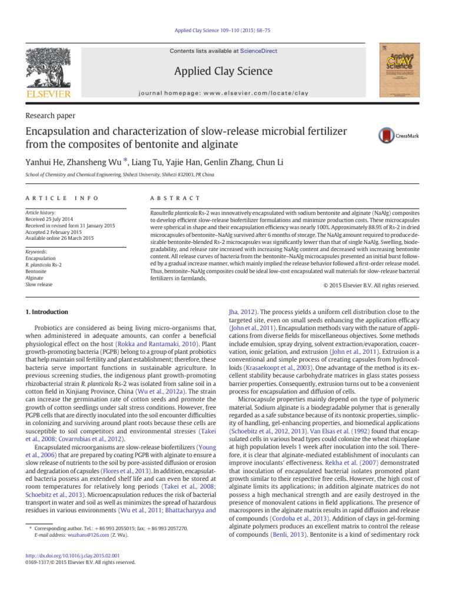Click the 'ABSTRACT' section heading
click(x=176, y=199)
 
